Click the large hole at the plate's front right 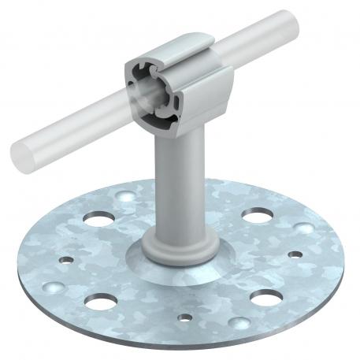(x=265, y=297)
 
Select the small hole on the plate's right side (x=295, y=254)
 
